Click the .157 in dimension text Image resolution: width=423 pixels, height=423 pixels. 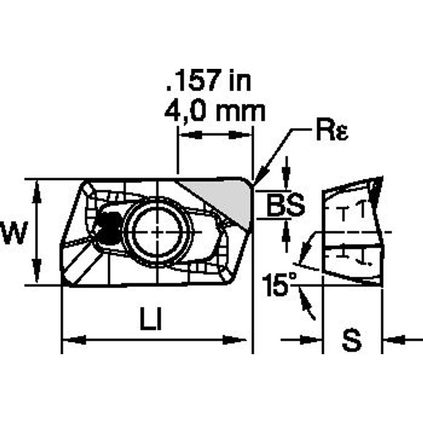pyautogui.click(x=209, y=81)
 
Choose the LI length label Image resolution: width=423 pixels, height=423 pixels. pyautogui.click(x=153, y=319)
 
